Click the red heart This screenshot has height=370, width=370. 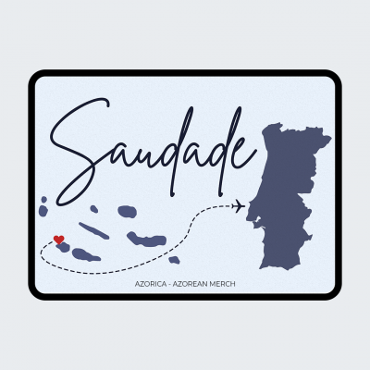point(59,240)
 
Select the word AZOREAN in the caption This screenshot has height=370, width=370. point(191,283)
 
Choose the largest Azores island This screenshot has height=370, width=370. point(147,240)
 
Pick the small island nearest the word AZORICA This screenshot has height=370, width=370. point(174,260)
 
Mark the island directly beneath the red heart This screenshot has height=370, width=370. point(63,247)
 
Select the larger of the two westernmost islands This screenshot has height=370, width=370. point(43,210)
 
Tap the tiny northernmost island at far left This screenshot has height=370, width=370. point(43,199)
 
